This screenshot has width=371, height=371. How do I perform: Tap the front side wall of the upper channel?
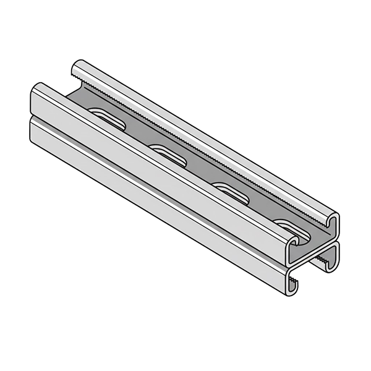(x=155, y=155)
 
